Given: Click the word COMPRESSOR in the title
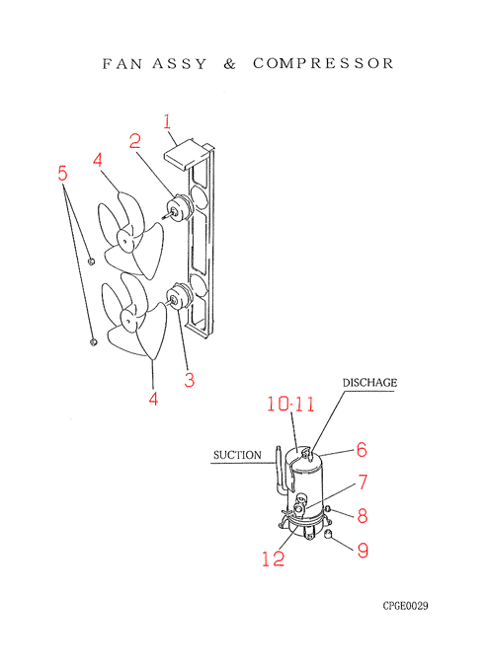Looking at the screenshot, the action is coord(323,63).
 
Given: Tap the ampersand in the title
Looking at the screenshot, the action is coord(229,64).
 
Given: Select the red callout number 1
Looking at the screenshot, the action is coord(167,121).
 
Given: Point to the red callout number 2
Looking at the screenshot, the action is coord(135,141).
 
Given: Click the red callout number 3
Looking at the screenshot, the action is coord(190,380).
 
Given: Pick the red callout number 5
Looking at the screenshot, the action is coord(62,174).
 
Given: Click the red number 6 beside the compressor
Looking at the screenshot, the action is coord(362,449).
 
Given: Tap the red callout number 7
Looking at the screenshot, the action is coord(363,482).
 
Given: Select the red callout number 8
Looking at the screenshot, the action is coord(363,515).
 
